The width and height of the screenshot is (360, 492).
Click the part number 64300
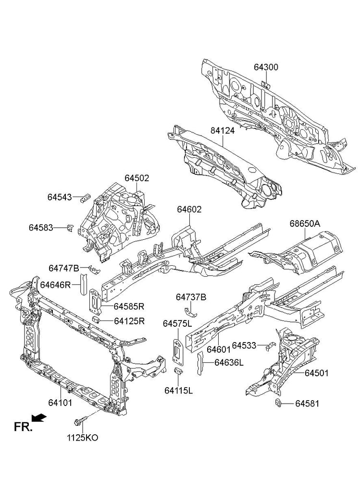point(266,67)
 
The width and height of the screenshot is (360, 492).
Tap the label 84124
point(222,131)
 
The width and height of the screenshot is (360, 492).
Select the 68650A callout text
point(305,224)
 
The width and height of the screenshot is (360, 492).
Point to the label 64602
point(189,209)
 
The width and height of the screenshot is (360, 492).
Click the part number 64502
point(137,178)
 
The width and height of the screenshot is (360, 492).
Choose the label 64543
point(60,197)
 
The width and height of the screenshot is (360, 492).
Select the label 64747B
point(63,268)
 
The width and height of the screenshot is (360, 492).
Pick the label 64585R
point(129,306)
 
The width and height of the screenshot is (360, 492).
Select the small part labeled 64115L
point(178,372)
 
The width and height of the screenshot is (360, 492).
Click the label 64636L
point(229,363)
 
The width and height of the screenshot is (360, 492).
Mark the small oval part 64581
point(278,403)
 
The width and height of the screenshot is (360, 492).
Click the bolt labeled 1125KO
point(80,422)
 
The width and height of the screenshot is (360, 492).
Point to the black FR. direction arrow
point(40,418)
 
